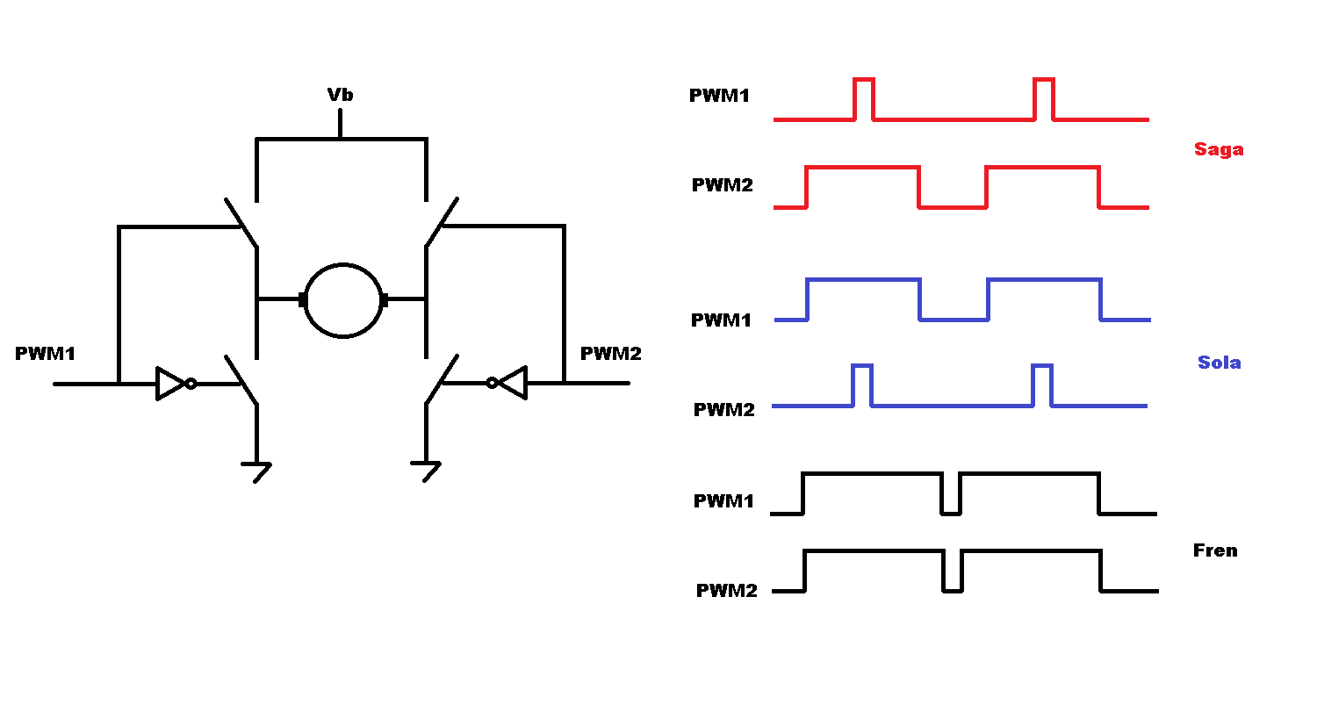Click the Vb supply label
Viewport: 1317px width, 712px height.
coord(340,95)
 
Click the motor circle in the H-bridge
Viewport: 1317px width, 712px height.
coord(343,300)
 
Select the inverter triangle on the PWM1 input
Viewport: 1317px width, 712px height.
coord(170,384)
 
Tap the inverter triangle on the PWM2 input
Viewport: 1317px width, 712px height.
coord(512,383)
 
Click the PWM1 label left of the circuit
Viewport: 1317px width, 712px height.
coord(46,354)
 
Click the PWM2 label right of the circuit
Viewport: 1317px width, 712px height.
coord(611,354)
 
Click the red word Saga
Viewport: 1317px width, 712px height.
coord(1219,149)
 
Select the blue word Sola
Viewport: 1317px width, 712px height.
coord(1219,363)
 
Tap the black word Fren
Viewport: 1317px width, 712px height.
coord(1215,550)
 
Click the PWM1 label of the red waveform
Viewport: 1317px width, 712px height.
coord(720,96)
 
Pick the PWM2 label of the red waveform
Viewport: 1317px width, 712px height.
coord(723,185)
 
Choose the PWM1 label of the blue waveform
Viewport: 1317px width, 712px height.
coord(721,320)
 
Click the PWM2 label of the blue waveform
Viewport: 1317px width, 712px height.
coord(724,409)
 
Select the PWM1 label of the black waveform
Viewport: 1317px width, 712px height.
coord(724,501)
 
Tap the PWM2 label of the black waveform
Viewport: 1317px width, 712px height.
coord(726,591)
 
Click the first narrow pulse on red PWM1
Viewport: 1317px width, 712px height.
coord(864,97)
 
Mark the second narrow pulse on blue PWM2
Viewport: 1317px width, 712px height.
coord(1042,385)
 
